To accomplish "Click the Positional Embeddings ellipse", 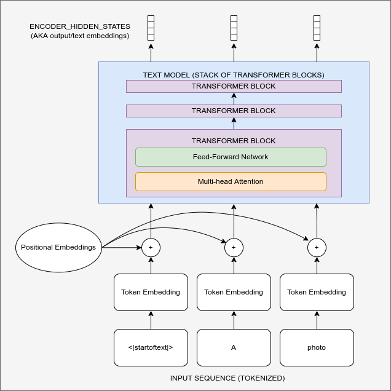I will (x=58, y=248).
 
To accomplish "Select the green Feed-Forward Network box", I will (x=231, y=157).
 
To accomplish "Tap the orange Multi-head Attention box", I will (x=231, y=181).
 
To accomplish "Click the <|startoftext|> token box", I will (x=151, y=347).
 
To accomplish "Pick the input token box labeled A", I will (x=234, y=347).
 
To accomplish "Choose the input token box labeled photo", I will (x=317, y=347).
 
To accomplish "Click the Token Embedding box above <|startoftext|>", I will (x=151, y=292).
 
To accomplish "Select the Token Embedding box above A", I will (x=234, y=292).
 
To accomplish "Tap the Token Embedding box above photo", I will (x=317, y=292).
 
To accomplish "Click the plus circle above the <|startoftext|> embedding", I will (x=151, y=248).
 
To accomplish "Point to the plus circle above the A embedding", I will (x=234, y=248).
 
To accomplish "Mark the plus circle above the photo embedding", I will (x=317, y=248).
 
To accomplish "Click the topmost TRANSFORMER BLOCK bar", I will (x=234, y=87).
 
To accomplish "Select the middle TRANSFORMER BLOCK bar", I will (x=234, y=111).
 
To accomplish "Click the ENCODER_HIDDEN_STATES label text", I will (x=80, y=27).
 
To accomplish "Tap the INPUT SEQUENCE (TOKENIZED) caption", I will (x=227, y=378).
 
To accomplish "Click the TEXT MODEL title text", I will (x=234, y=75).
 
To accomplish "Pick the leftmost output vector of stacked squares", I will (x=151, y=28).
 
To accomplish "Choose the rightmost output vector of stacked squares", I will (x=317, y=28).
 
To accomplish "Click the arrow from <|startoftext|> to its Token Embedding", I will (x=151, y=320).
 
